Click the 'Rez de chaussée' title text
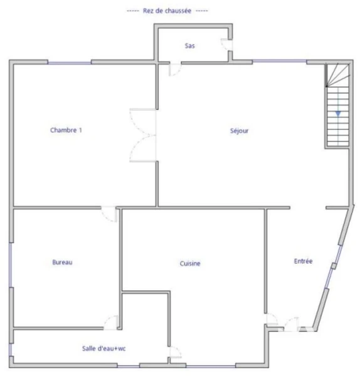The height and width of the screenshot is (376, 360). click(x=167, y=11)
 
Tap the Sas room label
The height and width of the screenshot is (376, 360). click(x=189, y=46)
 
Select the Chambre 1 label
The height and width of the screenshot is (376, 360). click(x=66, y=130)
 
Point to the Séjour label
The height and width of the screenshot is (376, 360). click(x=239, y=131)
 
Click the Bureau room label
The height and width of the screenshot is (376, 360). click(x=62, y=262)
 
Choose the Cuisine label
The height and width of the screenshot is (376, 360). click(x=190, y=263)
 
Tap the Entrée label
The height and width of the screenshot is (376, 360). click(x=303, y=261)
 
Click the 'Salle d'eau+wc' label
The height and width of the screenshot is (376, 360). click(x=103, y=348)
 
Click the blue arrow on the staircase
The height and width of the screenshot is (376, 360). click(x=338, y=113)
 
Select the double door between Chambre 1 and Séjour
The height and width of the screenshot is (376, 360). click(x=143, y=135)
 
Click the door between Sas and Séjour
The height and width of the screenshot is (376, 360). click(x=175, y=70)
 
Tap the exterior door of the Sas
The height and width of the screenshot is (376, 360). click(x=226, y=44)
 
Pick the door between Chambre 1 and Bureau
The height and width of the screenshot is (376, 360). click(x=109, y=214)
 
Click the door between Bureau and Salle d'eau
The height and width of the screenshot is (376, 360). click(x=111, y=322)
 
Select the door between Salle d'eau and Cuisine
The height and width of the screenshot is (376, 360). click(x=176, y=352)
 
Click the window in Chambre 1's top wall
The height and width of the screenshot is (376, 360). click(x=70, y=63)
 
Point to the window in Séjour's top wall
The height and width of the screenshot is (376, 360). click(x=280, y=61)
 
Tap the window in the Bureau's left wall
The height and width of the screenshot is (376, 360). click(x=10, y=264)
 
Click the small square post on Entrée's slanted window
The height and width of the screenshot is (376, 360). click(x=334, y=266)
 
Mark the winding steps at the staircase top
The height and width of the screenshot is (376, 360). click(x=337, y=75)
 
